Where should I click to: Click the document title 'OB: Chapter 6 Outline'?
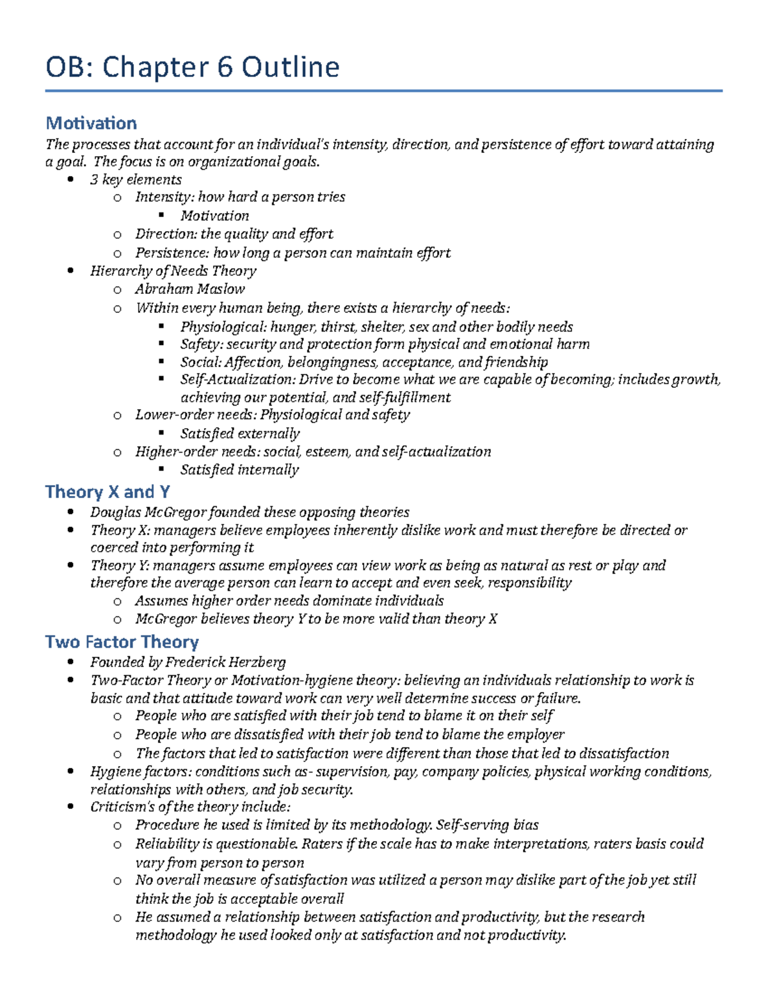point(192,67)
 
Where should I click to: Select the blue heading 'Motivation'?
point(91,123)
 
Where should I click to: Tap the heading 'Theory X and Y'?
point(108,492)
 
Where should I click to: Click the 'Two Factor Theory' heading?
point(122,642)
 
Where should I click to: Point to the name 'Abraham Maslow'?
point(189,289)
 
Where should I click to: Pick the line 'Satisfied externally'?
point(239,434)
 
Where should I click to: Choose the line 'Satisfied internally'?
point(239,470)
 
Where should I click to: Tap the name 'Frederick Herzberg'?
point(225,662)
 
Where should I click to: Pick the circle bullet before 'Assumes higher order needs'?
point(117,602)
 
